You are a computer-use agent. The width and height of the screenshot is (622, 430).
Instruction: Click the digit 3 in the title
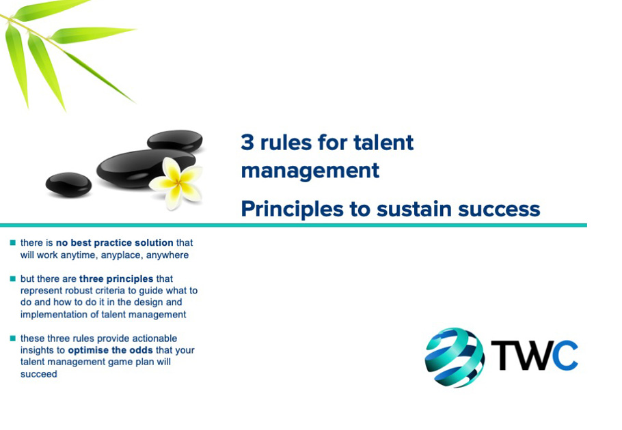[x=247, y=143]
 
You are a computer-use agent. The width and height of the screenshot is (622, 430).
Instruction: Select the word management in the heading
[x=310, y=170]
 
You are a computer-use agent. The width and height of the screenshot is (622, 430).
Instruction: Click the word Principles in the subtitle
[x=292, y=209]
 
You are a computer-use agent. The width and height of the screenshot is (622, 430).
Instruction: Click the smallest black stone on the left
[x=68, y=184]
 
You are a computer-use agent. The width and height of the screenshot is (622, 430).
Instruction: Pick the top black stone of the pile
[x=175, y=140]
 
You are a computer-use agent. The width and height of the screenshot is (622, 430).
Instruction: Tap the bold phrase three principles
[x=116, y=279]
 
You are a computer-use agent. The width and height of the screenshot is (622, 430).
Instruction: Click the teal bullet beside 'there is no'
[x=12, y=242]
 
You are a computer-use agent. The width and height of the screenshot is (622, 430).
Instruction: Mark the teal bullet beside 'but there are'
[x=12, y=278]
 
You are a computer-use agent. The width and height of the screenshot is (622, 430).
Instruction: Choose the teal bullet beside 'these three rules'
[x=12, y=338]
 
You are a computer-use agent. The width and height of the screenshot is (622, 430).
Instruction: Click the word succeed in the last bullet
[x=39, y=374]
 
